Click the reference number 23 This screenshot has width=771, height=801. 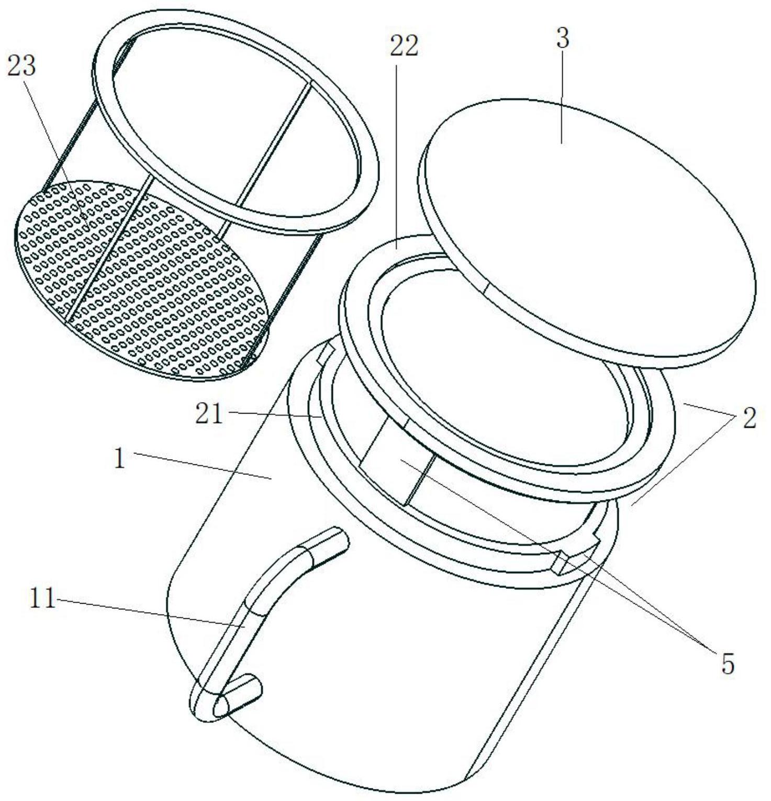point(21,66)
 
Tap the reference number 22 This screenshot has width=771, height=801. point(404,47)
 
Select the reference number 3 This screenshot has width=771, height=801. point(562,39)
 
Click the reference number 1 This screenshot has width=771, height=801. point(120,459)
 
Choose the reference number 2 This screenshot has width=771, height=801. point(750,418)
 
